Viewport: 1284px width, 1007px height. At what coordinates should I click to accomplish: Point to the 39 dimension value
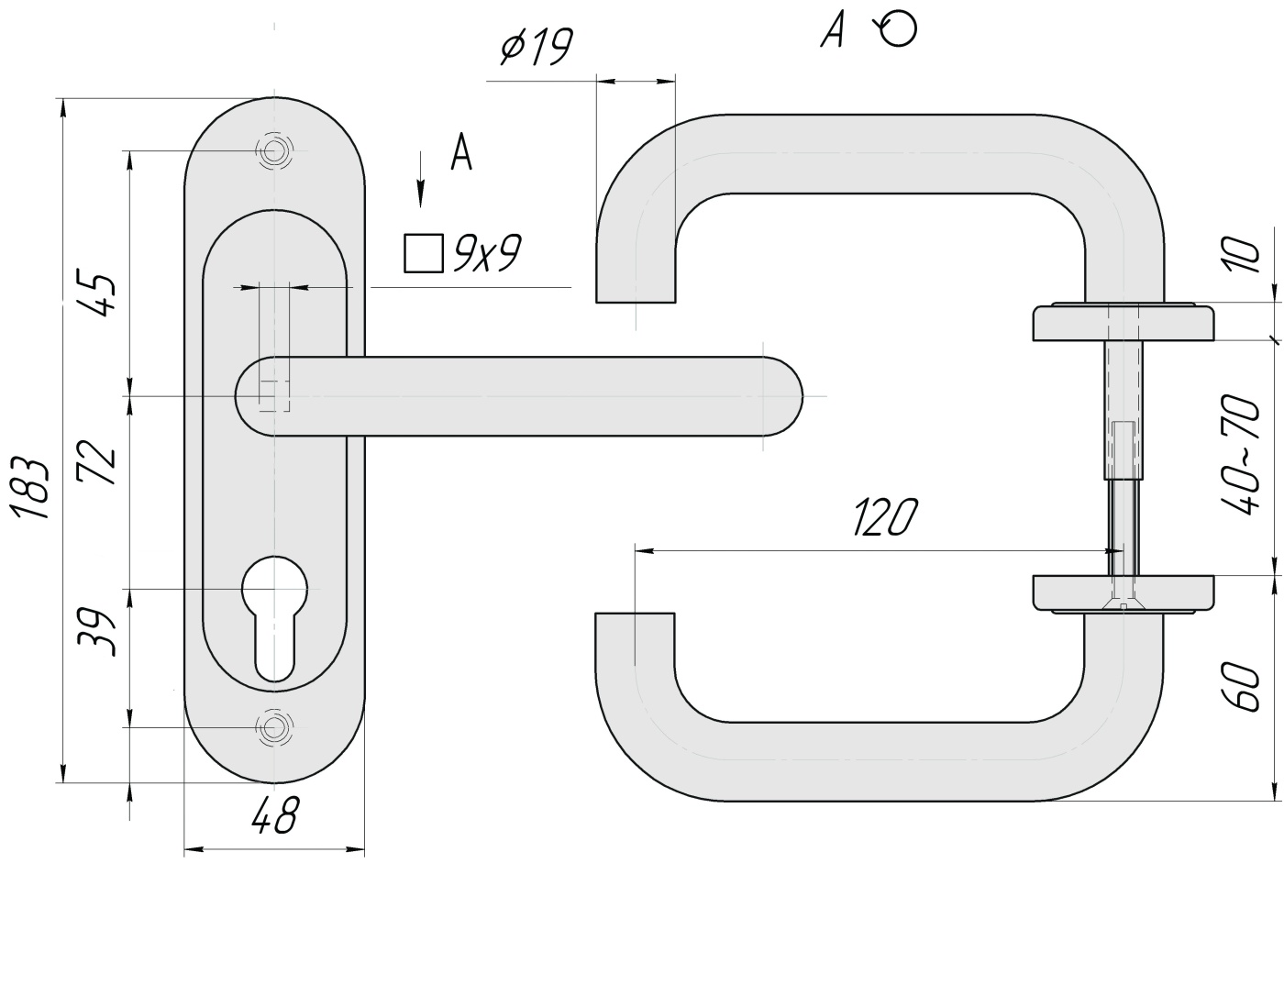point(98,631)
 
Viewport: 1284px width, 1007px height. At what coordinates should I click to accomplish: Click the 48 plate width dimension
point(275,814)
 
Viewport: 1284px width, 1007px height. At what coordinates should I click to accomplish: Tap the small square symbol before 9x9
point(423,253)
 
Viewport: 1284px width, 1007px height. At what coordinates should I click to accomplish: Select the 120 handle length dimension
point(884,518)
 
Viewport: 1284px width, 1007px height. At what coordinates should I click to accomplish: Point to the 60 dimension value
point(1243,687)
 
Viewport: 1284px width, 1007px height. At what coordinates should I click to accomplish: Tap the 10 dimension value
point(1244,255)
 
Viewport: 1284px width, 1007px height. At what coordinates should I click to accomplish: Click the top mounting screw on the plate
point(274,150)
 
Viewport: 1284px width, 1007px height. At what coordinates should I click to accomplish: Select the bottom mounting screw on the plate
point(273,727)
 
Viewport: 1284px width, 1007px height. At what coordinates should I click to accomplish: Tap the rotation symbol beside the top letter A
point(898,29)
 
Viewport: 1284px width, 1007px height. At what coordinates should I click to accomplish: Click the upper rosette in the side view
point(1123,322)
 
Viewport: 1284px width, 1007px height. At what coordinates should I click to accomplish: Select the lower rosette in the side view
point(1123,592)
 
